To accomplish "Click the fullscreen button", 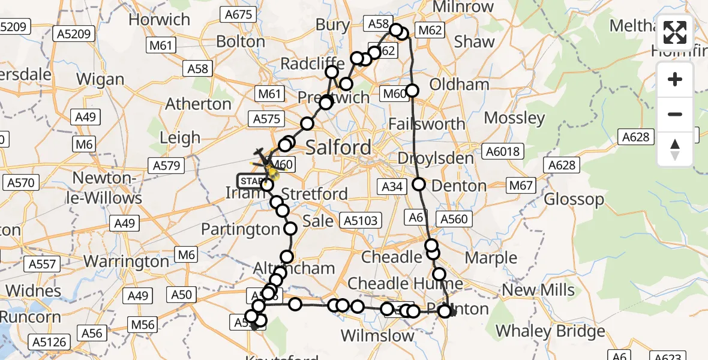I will coord(675,32).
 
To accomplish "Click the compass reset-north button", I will coord(675,148).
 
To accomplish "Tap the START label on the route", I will coord(251,181).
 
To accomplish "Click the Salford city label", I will coord(338,147).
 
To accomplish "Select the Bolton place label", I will coord(240,41).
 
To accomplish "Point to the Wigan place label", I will coord(100,79).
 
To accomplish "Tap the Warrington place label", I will coord(126,262).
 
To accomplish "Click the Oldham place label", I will coord(460,84).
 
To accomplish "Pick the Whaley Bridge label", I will coord(550,331).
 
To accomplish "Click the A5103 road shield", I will coord(358,220).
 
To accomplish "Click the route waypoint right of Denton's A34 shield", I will coord(418,185).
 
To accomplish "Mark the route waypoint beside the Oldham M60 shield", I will coord(412,91).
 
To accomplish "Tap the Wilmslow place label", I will coord(377,335).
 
